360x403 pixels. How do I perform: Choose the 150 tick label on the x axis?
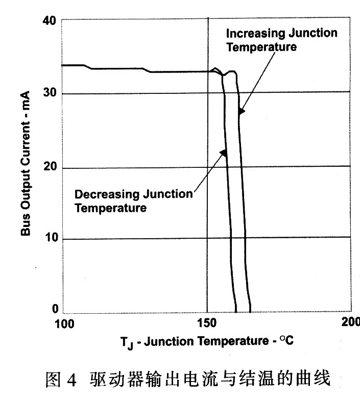(207, 323)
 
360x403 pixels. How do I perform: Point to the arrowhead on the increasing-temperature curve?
(241, 111)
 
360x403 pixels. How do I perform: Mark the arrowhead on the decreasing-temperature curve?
(223, 153)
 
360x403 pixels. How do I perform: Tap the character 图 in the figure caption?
(53, 381)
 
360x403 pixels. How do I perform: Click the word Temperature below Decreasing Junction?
(110, 208)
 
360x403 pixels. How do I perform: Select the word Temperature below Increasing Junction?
(261, 47)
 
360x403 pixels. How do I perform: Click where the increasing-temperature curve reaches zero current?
(250, 311)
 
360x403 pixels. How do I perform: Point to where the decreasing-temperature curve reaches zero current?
(235, 311)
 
